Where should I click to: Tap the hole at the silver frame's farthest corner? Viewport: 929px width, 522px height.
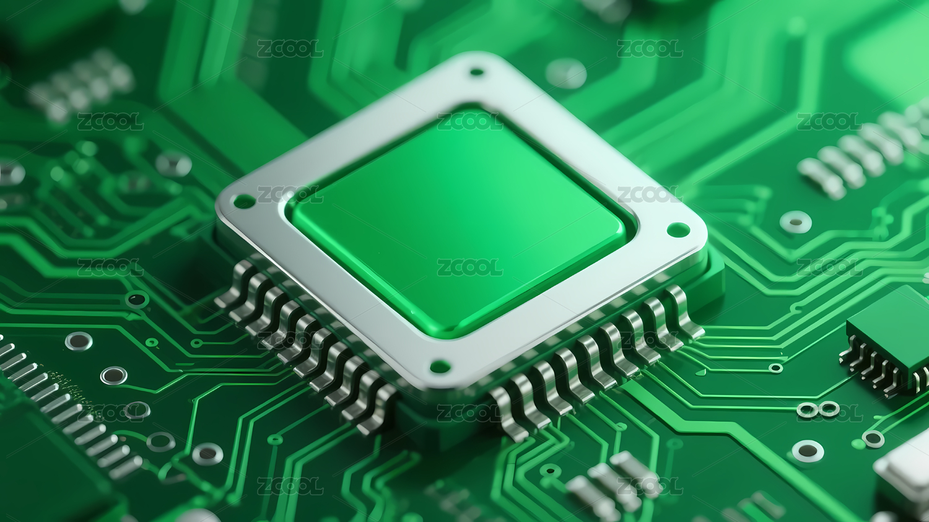(476, 72)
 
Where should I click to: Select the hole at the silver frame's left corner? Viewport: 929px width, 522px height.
(244, 202)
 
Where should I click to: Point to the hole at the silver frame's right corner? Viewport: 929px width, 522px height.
(678, 230)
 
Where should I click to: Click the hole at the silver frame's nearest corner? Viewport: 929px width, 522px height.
(440, 366)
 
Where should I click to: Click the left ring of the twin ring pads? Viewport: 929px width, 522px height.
(808, 410)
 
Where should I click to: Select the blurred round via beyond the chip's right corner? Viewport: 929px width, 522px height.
(795, 222)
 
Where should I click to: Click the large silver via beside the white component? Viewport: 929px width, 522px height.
(808, 451)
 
